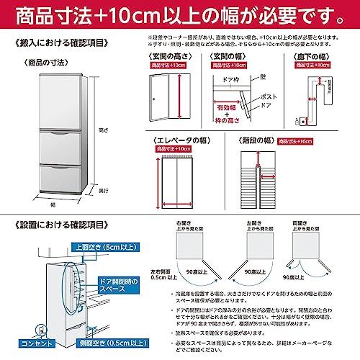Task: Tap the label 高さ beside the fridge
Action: point(103,130)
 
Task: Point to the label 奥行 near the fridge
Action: point(104,190)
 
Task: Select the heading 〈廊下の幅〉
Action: point(316,56)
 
